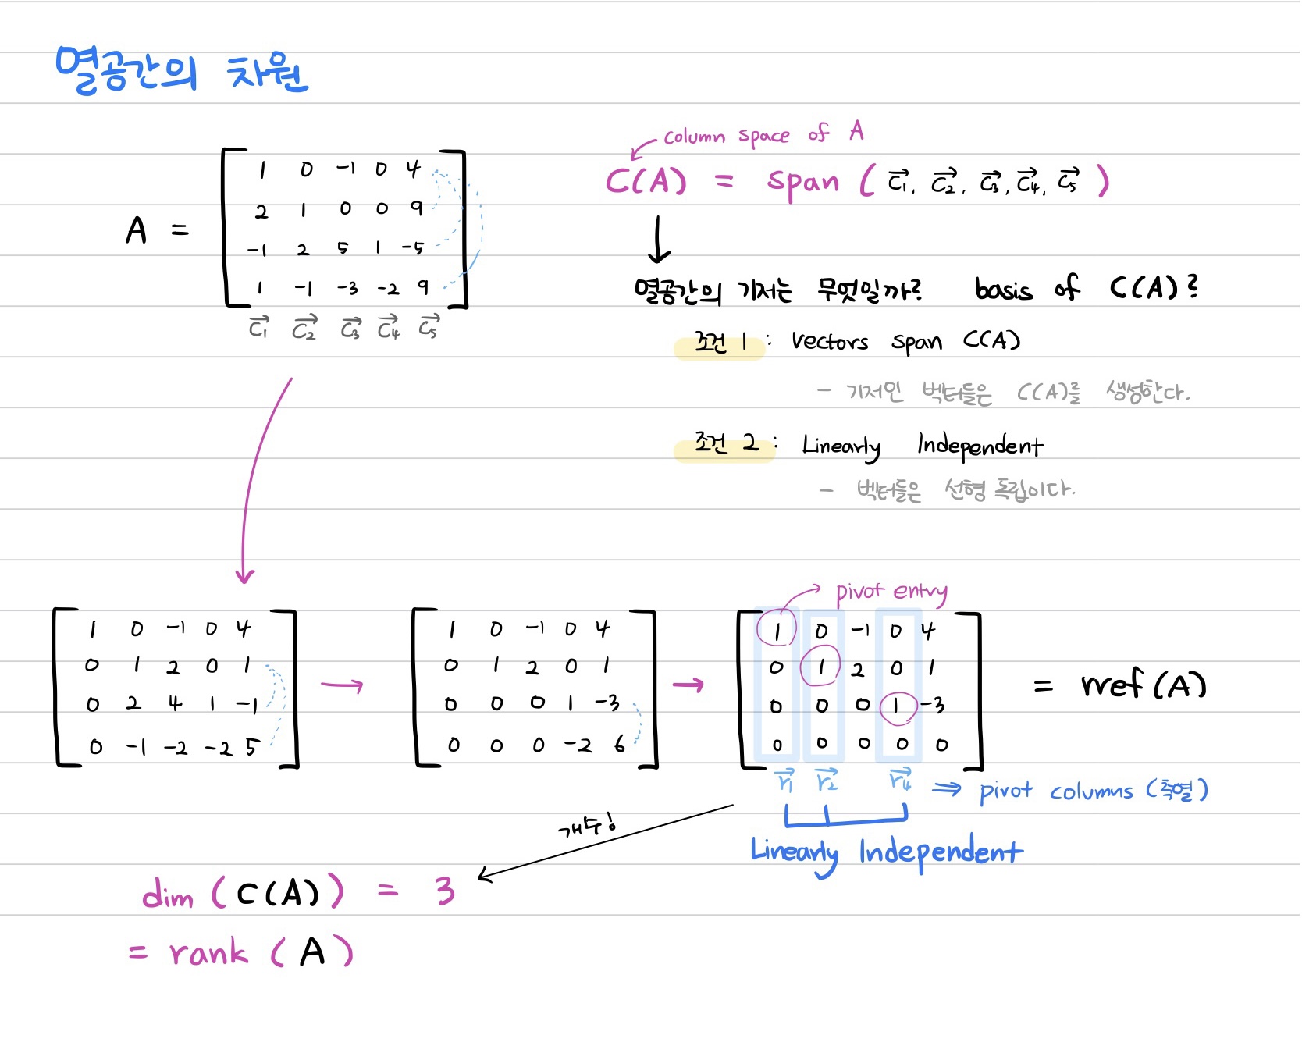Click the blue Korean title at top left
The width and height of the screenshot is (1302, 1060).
[x=181, y=71]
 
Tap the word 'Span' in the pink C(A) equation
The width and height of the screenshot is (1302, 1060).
[x=802, y=183]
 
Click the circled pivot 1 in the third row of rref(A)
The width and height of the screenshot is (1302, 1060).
[x=897, y=706]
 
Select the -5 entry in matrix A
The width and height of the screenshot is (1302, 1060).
[x=413, y=248]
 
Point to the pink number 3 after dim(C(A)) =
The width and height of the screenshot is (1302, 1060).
[x=445, y=891]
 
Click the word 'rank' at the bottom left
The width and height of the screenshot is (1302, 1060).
[x=208, y=953]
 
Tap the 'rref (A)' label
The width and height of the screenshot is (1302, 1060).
[x=1144, y=685]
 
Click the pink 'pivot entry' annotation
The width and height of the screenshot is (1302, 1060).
[x=891, y=592]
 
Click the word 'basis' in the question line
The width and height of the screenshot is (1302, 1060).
[x=1004, y=290]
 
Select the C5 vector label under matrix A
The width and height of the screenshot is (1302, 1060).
[x=429, y=327]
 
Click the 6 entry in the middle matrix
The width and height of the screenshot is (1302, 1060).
[x=619, y=745]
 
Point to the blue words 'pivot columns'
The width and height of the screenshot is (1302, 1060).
[x=1055, y=791]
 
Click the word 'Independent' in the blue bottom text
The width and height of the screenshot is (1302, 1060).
[x=940, y=852]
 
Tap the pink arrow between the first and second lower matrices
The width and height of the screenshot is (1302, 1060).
[x=342, y=685]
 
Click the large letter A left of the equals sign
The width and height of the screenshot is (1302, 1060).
[x=137, y=230]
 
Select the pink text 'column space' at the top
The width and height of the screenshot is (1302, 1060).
[x=726, y=137]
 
